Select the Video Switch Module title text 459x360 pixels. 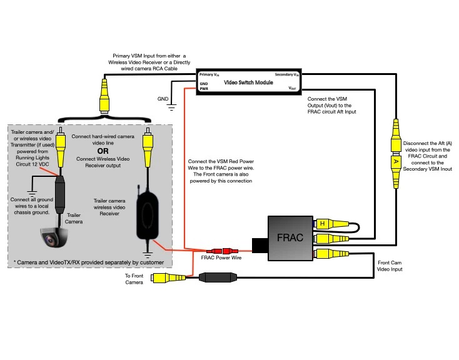(x=248, y=82)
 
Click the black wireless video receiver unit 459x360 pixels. (x=148, y=212)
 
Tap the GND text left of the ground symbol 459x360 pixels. (x=163, y=99)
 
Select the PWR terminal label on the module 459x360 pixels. (x=204, y=89)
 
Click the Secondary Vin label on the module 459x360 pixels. (x=286, y=74)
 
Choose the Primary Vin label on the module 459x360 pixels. (x=209, y=74)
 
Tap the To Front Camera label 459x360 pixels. (x=134, y=279)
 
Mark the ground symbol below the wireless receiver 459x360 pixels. (x=148, y=253)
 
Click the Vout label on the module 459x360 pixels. (x=292, y=89)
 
